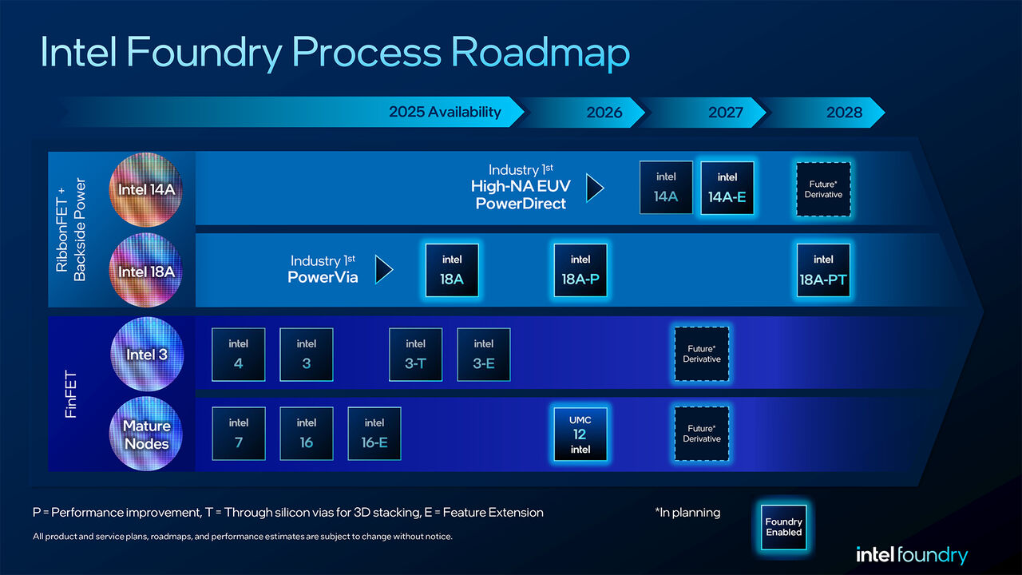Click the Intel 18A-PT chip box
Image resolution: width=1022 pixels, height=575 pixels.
pyautogui.click(x=823, y=270)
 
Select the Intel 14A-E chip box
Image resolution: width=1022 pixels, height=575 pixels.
pyautogui.click(x=727, y=188)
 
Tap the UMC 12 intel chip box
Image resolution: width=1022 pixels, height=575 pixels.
pyautogui.click(x=580, y=434)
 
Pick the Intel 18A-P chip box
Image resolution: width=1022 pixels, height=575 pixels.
pyautogui.click(x=580, y=270)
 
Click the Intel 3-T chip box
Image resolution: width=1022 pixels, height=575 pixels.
pyautogui.click(x=415, y=355)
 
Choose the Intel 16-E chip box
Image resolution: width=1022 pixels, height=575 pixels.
pyautogui.click(x=374, y=434)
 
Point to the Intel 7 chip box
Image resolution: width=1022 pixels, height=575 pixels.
pyautogui.click(x=239, y=434)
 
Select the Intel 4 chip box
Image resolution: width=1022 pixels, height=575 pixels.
pyautogui.click(x=239, y=355)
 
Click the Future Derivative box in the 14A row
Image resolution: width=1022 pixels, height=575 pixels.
pyautogui.click(x=823, y=189)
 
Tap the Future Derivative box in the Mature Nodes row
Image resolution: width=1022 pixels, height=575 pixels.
pyautogui.click(x=702, y=434)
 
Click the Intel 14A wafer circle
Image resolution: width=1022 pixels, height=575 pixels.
pyautogui.click(x=145, y=189)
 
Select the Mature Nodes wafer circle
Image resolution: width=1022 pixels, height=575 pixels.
pyautogui.click(x=146, y=434)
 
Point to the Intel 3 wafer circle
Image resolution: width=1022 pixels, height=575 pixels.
pyautogui.click(x=146, y=354)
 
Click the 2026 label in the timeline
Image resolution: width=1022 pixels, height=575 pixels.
pyautogui.click(x=604, y=113)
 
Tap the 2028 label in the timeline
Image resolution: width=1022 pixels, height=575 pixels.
pyautogui.click(x=844, y=113)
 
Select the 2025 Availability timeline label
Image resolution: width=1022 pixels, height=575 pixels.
pyautogui.click(x=445, y=112)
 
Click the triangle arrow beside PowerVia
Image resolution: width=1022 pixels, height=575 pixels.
pyautogui.click(x=384, y=270)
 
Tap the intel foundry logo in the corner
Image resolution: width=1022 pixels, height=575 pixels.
pyautogui.click(x=911, y=555)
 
